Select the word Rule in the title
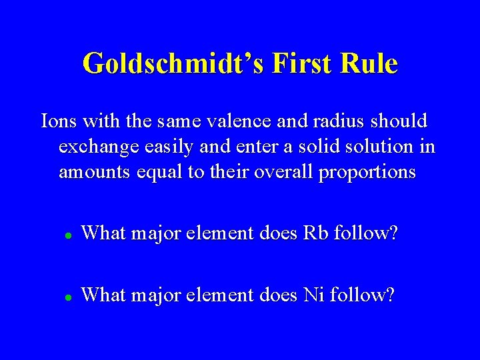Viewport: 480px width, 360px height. (x=370, y=64)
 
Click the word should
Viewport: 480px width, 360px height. (x=399, y=123)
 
